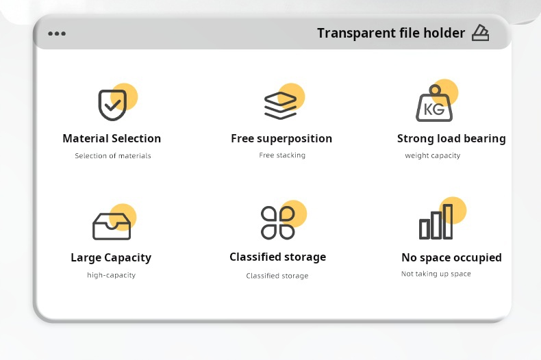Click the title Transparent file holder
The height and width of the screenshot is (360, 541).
(x=391, y=33)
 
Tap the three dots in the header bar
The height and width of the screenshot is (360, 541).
(x=57, y=34)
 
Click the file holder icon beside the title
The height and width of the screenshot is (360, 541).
(x=480, y=33)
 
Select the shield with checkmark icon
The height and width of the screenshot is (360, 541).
(x=112, y=105)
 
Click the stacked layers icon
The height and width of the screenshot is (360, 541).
(x=280, y=105)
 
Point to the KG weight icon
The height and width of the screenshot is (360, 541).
(x=434, y=103)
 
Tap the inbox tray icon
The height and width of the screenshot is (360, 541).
(x=112, y=227)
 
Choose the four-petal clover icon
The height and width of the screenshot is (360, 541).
(x=278, y=222)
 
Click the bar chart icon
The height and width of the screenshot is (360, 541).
(x=436, y=221)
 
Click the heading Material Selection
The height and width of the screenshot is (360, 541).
(x=112, y=138)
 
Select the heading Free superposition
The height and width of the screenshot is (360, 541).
(x=281, y=139)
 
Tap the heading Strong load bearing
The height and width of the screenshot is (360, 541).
(x=451, y=139)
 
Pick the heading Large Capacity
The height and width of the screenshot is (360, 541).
(x=111, y=258)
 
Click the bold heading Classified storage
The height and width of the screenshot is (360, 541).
(x=278, y=257)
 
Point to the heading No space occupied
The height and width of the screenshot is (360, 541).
(x=452, y=257)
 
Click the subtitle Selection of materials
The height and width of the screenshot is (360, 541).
(x=113, y=156)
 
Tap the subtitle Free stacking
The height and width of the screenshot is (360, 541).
(x=282, y=155)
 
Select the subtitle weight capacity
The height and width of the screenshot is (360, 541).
(x=433, y=156)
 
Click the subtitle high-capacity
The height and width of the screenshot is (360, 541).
(x=111, y=275)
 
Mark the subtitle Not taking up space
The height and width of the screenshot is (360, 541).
(x=436, y=274)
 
